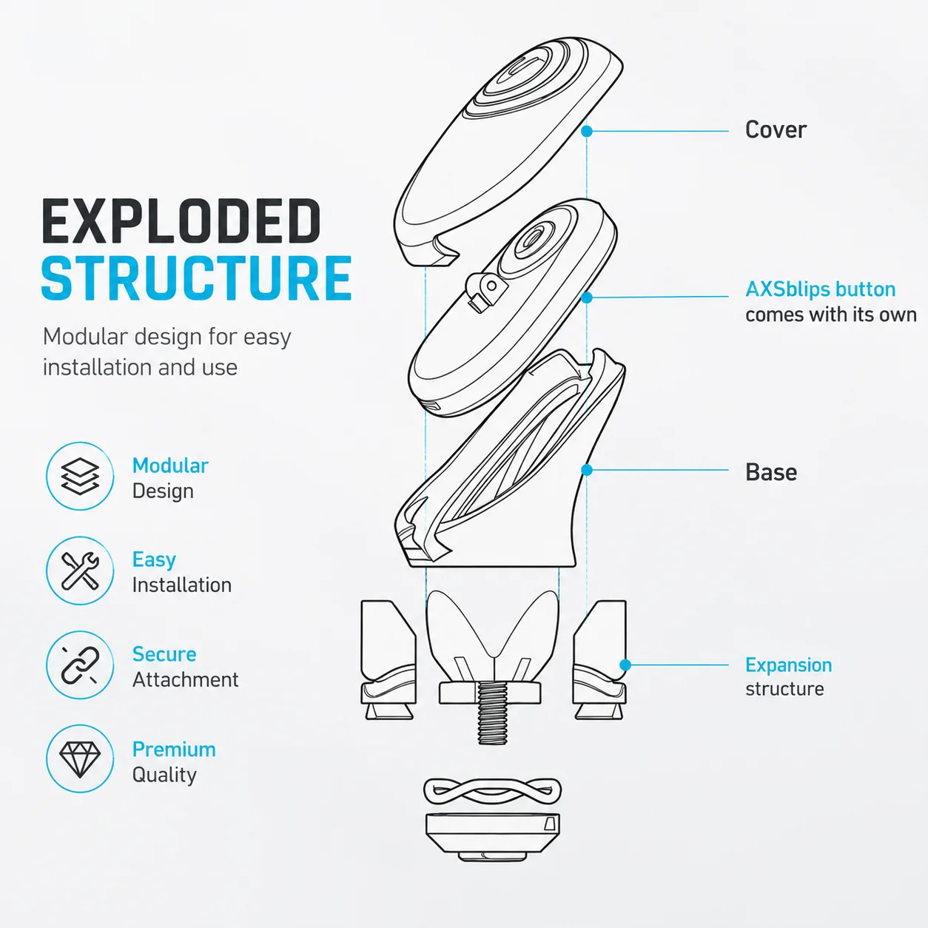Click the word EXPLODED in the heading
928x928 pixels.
pos(181,221)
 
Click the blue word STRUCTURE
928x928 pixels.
pos(197,278)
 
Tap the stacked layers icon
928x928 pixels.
pos(80,477)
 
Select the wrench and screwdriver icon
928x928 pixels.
pos(80,571)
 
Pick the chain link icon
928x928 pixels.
pos(80,665)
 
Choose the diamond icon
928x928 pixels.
pos(80,759)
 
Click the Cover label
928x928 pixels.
pos(776,130)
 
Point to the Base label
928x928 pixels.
pos(771,472)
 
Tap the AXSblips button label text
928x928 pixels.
pos(821,289)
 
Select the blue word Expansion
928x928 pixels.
pos(789,665)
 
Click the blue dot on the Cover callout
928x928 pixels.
pos(587,131)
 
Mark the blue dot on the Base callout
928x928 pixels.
pos(587,470)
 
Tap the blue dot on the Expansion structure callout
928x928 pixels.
pos(625,665)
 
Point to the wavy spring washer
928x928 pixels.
pos(493,791)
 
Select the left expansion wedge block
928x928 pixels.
pos(389,660)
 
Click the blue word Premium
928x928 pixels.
pos(174,750)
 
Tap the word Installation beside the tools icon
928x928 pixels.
pos(182,585)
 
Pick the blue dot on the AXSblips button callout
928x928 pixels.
pos(587,297)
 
